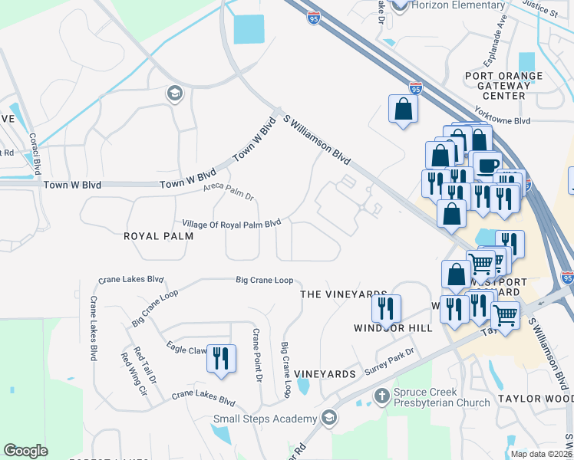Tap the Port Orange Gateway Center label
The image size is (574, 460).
[x=503, y=86]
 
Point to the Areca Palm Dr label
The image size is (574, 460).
[x=228, y=192]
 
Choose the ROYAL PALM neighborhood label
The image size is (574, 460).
[x=158, y=237]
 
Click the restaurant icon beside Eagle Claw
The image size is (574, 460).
[x=222, y=358]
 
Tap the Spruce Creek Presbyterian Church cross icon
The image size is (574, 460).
[x=381, y=396]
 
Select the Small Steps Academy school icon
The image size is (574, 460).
[x=329, y=418]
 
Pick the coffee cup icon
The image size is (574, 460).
[x=487, y=164]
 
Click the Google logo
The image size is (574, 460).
[x=26, y=451]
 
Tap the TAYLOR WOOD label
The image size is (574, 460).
[x=535, y=399]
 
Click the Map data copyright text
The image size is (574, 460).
[x=541, y=454]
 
